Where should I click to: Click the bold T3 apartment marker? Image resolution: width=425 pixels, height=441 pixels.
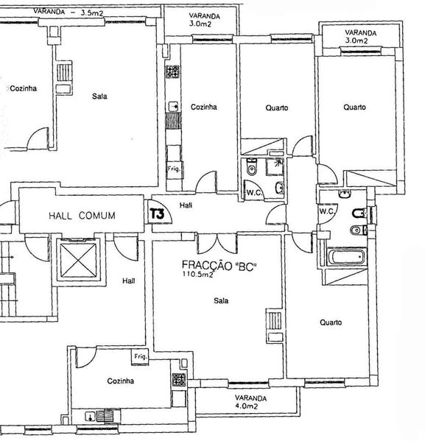(x=157, y=214)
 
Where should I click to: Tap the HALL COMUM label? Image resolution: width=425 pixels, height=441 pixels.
(x=82, y=216)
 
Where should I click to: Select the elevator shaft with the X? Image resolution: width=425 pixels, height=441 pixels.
(x=79, y=260)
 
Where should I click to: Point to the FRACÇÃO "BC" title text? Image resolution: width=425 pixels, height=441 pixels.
(x=219, y=265)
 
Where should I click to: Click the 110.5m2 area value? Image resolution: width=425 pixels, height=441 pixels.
(x=198, y=274)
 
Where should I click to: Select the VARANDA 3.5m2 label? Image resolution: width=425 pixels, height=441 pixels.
(x=68, y=12)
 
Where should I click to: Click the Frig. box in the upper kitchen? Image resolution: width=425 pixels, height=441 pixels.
(x=175, y=169)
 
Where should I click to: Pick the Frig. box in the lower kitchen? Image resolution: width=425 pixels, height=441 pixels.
(x=140, y=357)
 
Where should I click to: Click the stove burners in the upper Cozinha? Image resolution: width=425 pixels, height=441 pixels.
(x=172, y=71)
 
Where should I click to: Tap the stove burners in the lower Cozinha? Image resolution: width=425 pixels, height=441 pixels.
(x=179, y=380)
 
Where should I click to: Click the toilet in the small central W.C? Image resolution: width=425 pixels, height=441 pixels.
(x=251, y=167)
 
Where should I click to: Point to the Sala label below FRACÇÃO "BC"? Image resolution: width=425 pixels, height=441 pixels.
(x=221, y=300)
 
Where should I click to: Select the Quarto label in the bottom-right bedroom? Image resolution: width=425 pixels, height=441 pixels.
(x=331, y=322)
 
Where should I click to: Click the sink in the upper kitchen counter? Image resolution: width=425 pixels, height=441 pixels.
(x=173, y=107)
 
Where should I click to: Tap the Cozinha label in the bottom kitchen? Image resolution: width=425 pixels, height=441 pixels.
(x=121, y=381)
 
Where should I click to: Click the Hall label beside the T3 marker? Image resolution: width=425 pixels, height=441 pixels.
(x=186, y=205)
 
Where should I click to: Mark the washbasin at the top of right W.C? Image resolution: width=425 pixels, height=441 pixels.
(x=345, y=194)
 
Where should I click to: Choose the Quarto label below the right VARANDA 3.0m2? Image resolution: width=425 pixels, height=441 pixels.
(x=354, y=107)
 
